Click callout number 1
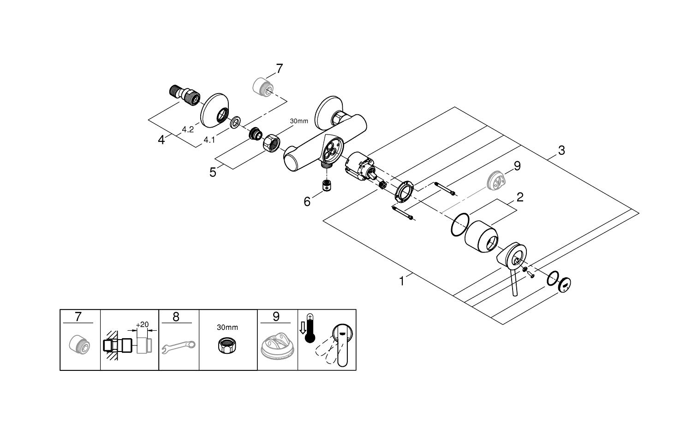[x=402, y=281]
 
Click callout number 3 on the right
[x=561, y=150]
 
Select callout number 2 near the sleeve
[x=520, y=198]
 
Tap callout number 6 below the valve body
[x=307, y=202]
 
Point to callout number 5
[x=213, y=172]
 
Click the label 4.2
[x=187, y=130]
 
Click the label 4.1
[x=209, y=140]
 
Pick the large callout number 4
[x=161, y=139]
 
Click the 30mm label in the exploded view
[x=298, y=121]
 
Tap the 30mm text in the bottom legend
[x=227, y=328]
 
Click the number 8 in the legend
[x=176, y=317]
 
